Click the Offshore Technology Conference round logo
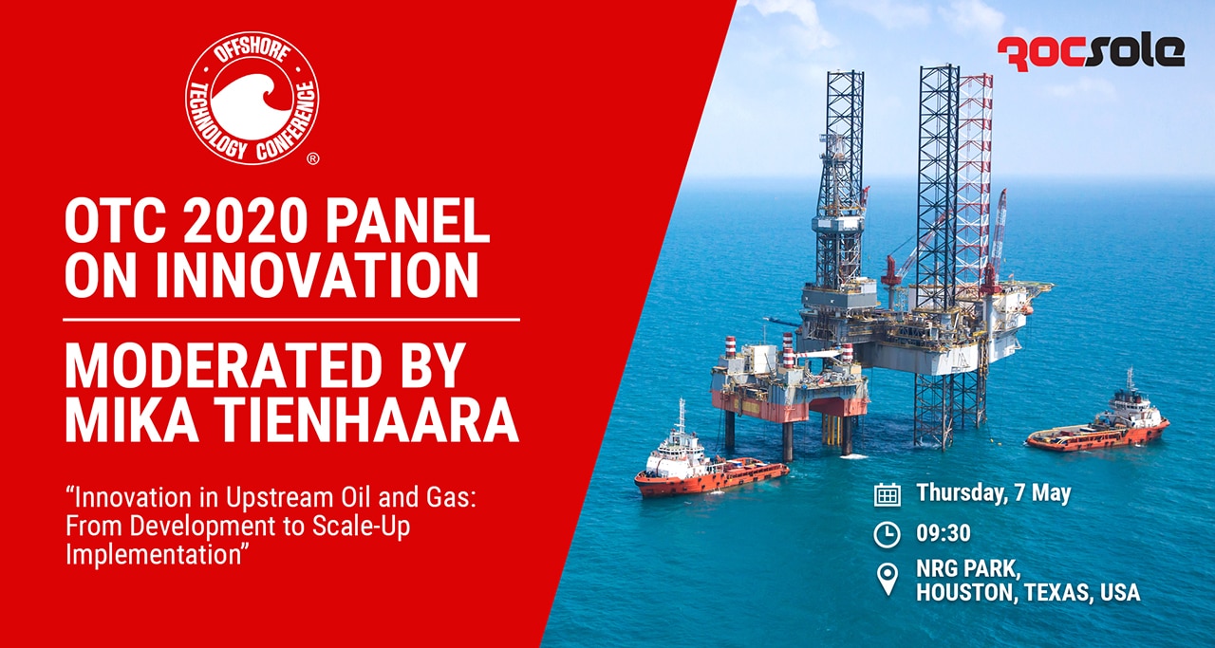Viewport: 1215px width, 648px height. click(x=252, y=98)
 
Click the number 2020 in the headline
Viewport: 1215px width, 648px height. click(x=246, y=221)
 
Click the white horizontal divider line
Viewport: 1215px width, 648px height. click(x=291, y=320)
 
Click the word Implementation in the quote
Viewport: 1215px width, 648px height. click(x=153, y=555)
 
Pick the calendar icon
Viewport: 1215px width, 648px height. click(x=888, y=494)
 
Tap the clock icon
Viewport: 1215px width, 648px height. click(x=888, y=535)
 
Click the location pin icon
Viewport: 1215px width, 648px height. click(x=888, y=578)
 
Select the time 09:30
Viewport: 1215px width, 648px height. click(x=944, y=533)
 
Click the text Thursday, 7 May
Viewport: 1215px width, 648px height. click(x=994, y=493)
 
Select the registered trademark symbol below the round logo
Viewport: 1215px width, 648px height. click(x=313, y=158)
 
